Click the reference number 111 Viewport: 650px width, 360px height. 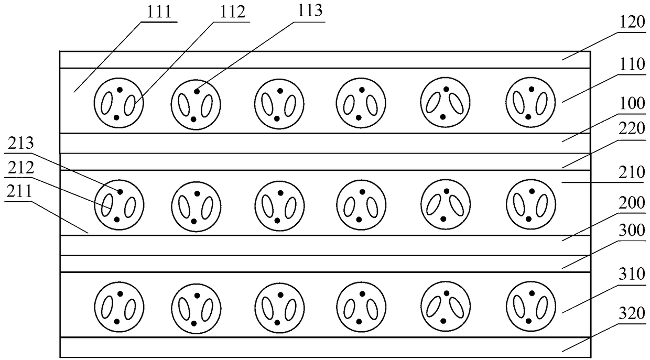pos(159,12)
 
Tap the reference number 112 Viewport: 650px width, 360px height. pos(232,12)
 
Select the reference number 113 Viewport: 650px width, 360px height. pos(309,10)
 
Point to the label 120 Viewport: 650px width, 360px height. pos(632,23)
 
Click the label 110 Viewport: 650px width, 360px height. pos(632,64)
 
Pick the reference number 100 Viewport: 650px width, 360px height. pos(632,103)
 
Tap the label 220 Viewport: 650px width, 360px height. pos(632,128)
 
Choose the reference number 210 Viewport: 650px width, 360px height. pos(632,172)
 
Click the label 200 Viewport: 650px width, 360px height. pos(632,203)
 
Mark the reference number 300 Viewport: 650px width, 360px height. pos(632,231)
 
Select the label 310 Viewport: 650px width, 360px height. pos(632,274)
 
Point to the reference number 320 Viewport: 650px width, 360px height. pos(632,313)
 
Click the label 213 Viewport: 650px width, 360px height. pos(20,143)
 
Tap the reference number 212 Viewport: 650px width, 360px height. pos(20,168)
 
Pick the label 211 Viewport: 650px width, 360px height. pos(19,191)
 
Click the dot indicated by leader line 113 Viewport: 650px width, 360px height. pos(197,92)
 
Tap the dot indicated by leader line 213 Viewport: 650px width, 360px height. pos(120,192)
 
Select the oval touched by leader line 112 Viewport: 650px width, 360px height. pos(129,105)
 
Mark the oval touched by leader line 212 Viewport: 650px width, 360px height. pos(107,205)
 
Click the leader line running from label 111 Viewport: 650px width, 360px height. pos(108,57)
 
